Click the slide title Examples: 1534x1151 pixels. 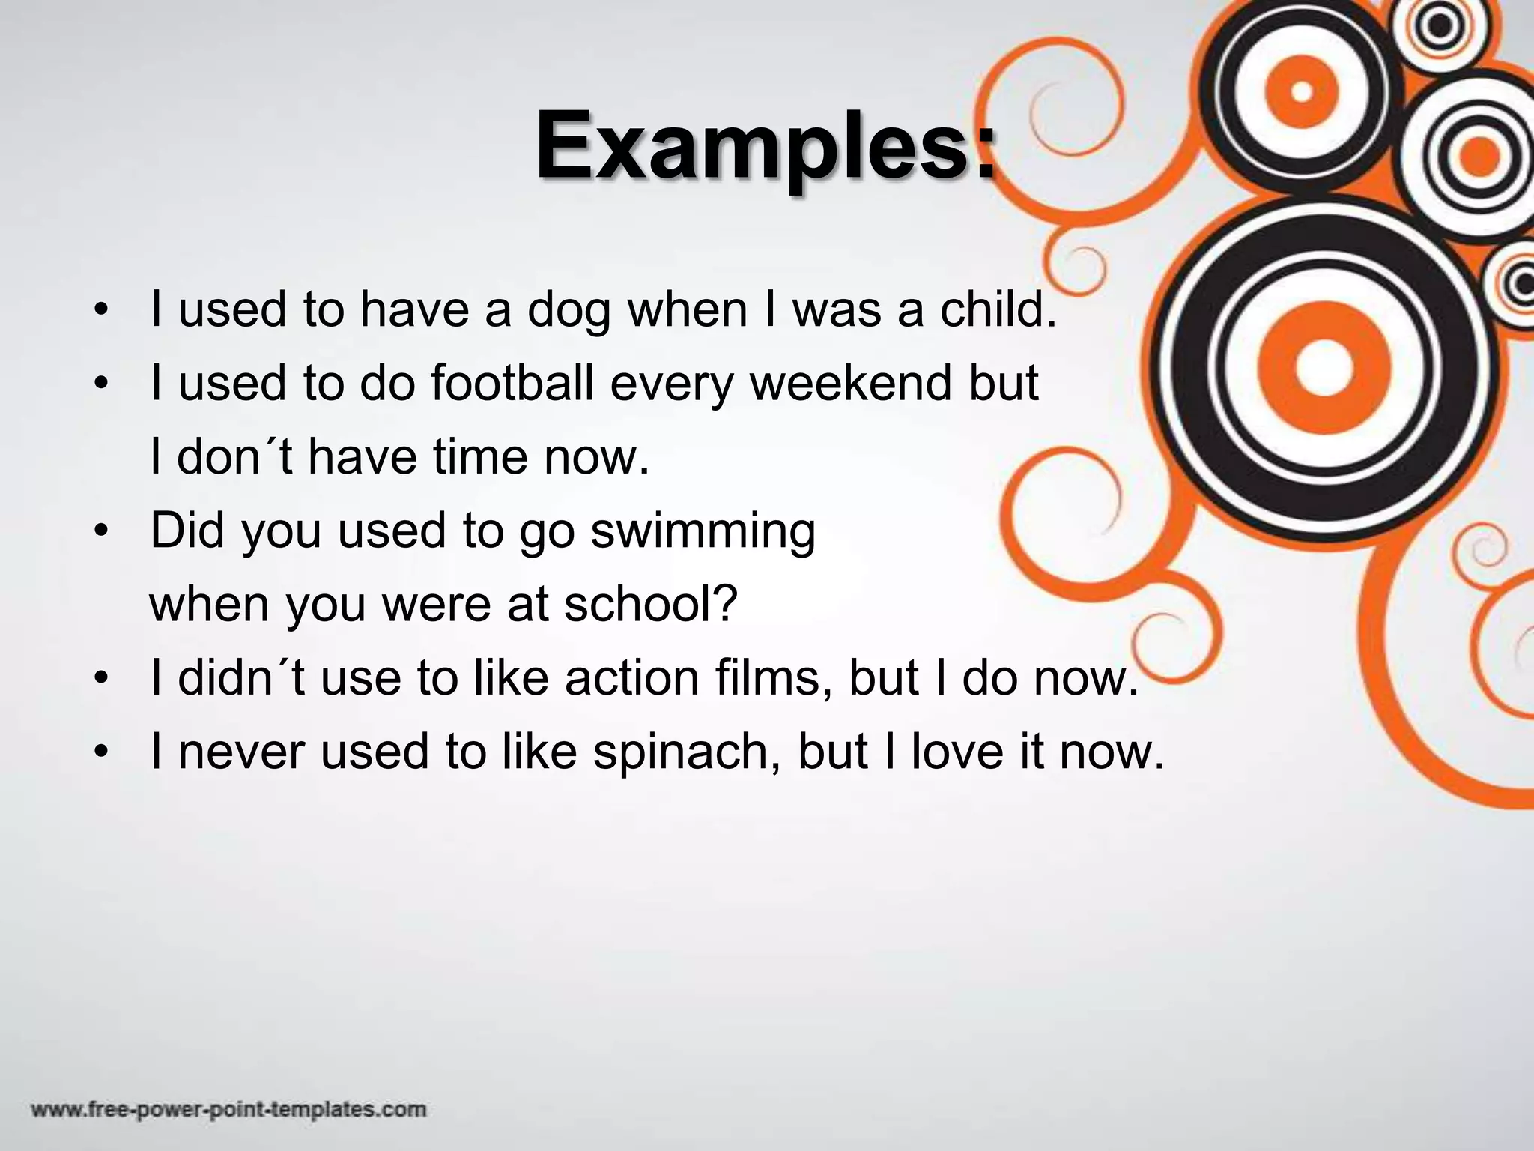766,146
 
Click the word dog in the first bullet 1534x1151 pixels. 569,311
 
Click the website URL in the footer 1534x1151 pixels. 228,1109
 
